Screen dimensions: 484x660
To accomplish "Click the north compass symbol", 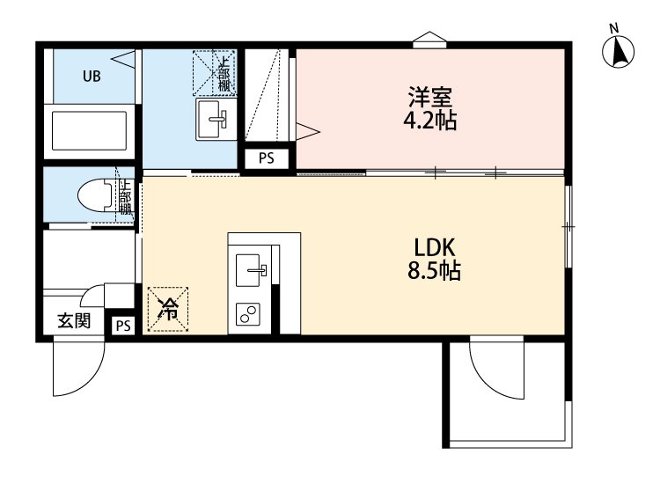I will pos(620,51).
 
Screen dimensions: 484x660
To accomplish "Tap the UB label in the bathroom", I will pos(92,76).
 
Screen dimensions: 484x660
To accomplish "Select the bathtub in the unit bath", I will pos(92,129).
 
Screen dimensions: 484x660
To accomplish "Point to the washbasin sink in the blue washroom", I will pos(212,116).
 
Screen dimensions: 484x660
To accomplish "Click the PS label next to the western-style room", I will pos(265,159).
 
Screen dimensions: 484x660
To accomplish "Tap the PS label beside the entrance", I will pos(121,326).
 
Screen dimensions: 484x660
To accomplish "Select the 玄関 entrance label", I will pos(73,320).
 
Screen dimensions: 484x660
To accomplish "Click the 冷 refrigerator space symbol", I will pos(167,309).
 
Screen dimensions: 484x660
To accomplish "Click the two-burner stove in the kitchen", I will pos(249,312).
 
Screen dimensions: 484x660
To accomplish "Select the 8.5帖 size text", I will pos(433,272).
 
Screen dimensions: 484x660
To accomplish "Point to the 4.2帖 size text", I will pos(429,121).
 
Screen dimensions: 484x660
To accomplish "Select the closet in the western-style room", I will pos(268,97).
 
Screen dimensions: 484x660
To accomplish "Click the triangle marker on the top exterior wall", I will pos(429,37).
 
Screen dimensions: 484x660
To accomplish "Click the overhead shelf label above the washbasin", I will pos(225,74).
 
